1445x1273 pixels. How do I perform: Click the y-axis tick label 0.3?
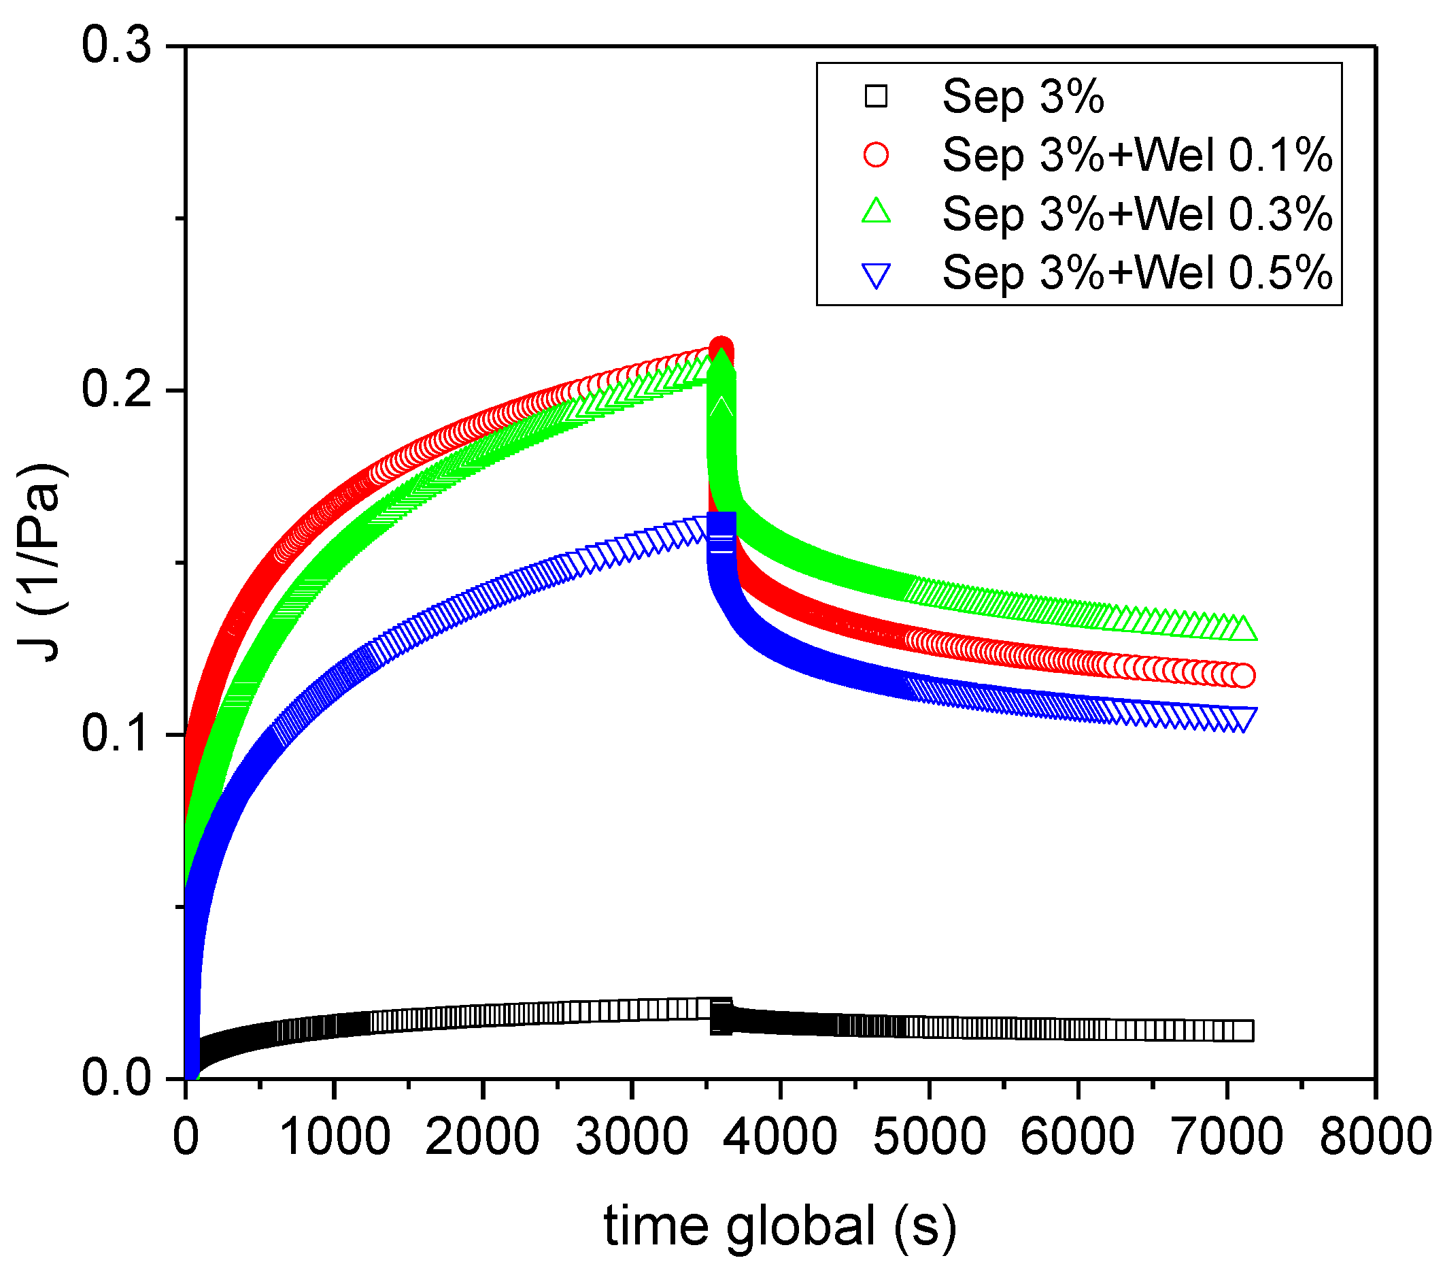click(117, 46)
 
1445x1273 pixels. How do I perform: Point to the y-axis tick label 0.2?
click(117, 390)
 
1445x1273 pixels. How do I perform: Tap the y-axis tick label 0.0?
click(117, 1078)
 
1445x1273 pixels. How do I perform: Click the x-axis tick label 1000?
click(335, 1137)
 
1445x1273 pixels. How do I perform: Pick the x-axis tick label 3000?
click(631, 1137)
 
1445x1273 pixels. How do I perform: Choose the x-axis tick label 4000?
click(781, 1137)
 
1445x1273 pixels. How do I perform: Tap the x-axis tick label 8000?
click(1375, 1137)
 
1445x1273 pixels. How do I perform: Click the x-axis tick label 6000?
click(1077, 1137)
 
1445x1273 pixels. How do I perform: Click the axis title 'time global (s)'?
click(781, 1225)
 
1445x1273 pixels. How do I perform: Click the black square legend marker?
click(876, 96)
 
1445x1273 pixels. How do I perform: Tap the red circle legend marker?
click(876, 155)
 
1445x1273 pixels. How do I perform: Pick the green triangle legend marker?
click(876, 212)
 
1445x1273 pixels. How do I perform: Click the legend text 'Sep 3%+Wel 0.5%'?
click(1138, 272)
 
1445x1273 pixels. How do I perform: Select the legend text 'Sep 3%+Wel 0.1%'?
click(1138, 155)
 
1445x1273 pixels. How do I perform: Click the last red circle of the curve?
click(1243, 676)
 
